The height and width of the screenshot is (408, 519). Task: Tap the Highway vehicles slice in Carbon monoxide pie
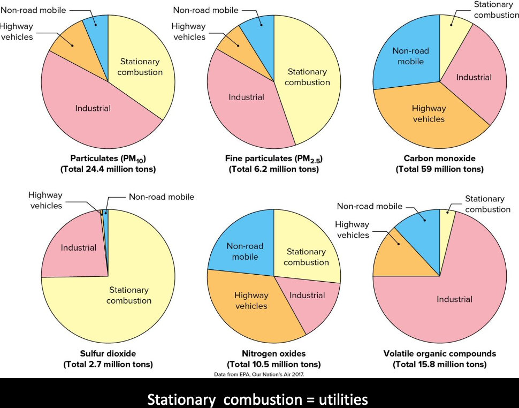[x=428, y=115]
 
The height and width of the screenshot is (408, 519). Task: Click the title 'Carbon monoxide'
[x=439, y=158]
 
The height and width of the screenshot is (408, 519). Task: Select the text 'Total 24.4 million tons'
[x=108, y=169]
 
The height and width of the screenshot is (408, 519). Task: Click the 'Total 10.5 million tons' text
[x=273, y=364]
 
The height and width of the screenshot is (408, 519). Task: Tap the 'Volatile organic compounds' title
[x=440, y=353]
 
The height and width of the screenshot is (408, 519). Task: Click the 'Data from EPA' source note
[x=258, y=375]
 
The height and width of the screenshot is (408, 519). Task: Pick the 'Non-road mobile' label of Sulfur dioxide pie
[x=161, y=197]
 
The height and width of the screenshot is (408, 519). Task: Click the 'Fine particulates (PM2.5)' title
[x=274, y=159]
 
